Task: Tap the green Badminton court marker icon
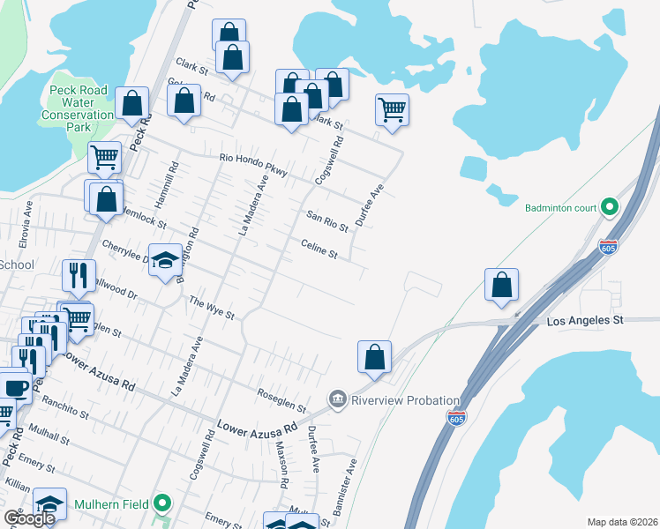pyautogui.click(x=608, y=208)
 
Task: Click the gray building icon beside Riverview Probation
pyautogui.click(x=337, y=400)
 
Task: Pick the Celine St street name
pyautogui.click(x=319, y=250)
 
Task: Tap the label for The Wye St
pyautogui.click(x=212, y=308)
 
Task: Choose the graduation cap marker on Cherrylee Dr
pyautogui.click(x=165, y=260)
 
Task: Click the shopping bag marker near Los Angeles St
pyautogui.click(x=501, y=286)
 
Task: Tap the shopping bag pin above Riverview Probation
pyautogui.click(x=374, y=357)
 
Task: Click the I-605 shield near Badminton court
pyautogui.click(x=608, y=246)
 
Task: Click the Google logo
pyautogui.click(x=28, y=518)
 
